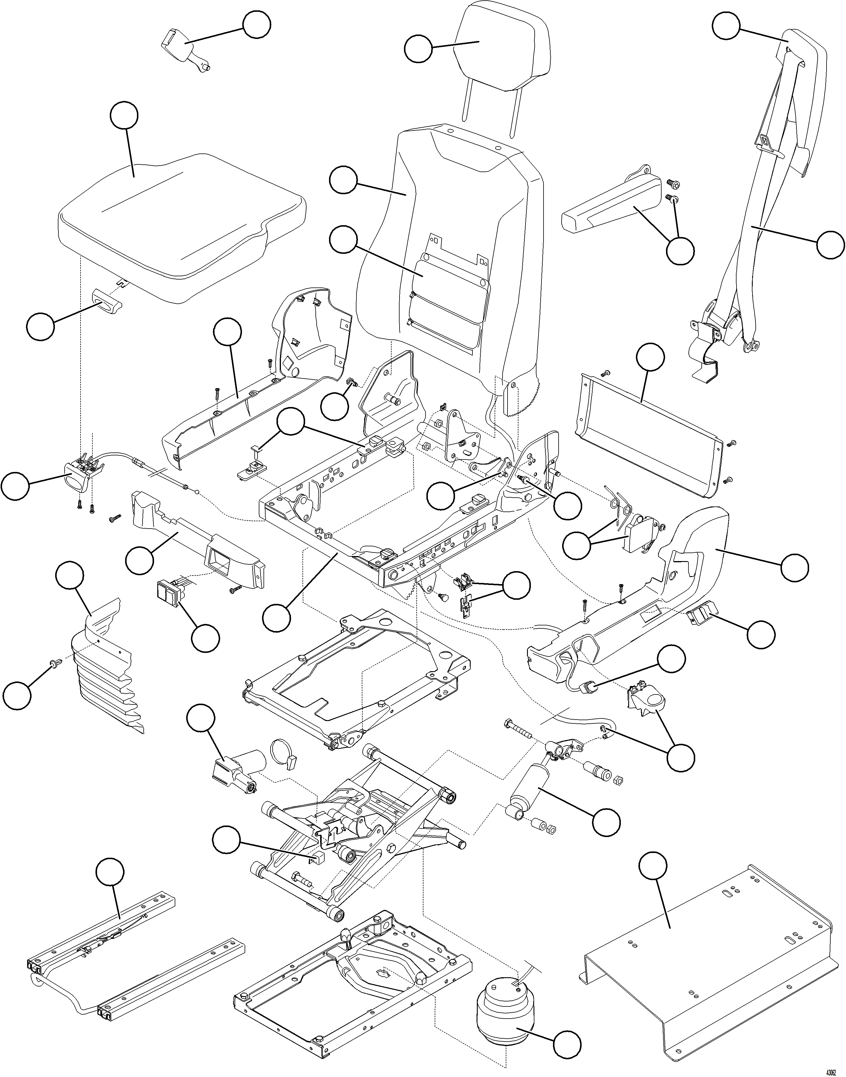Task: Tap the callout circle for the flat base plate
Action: coord(653,867)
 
